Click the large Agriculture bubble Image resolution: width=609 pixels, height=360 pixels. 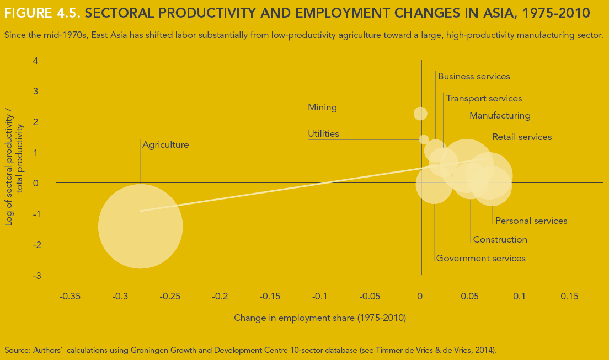(141, 226)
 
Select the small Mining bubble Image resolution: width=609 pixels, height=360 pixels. (420, 114)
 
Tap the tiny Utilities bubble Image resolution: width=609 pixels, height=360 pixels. (424, 139)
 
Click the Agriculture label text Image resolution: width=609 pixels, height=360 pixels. (165, 145)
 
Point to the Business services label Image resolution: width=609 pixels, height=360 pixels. (474, 77)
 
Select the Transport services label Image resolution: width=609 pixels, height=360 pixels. (484, 99)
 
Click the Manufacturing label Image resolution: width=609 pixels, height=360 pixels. (500, 116)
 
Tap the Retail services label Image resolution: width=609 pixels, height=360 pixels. (522, 137)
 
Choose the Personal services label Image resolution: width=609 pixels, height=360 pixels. (531, 221)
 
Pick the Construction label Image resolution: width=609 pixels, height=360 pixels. (500, 240)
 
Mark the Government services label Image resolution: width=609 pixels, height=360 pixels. (480, 259)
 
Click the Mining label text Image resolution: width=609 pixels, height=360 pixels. (322, 108)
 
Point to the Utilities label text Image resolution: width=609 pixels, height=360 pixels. (323, 134)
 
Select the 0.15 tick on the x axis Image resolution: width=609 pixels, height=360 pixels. (569, 297)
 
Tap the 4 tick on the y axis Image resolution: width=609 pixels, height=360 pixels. (35, 61)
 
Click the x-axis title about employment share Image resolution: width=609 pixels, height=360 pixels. (320, 318)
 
